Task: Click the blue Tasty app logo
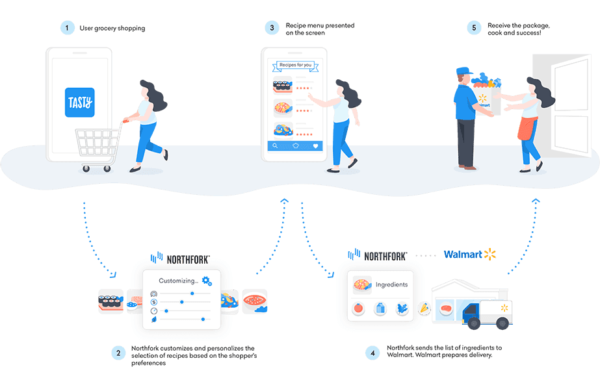(x=80, y=102)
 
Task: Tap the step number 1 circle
(x=66, y=28)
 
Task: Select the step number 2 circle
(x=118, y=354)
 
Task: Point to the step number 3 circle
(x=270, y=28)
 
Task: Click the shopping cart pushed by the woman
(x=98, y=146)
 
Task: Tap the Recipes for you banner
(x=295, y=65)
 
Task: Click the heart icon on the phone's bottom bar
(x=316, y=146)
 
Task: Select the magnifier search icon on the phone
(x=274, y=146)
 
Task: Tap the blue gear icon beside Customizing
(x=207, y=281)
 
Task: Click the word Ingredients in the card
(x=391, y=284)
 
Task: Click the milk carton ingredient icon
(x=380, y=309)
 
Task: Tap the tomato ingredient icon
(x=357, y=309)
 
